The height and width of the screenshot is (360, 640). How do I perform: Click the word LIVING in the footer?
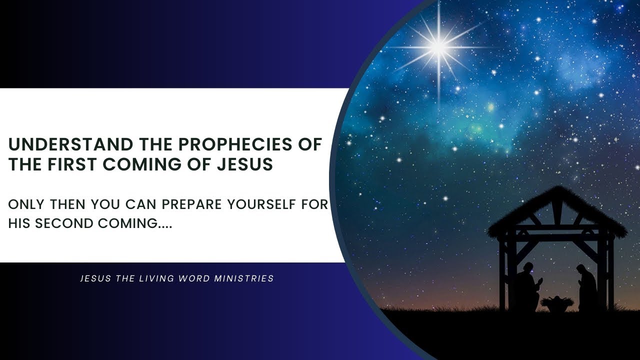tap(149, 278)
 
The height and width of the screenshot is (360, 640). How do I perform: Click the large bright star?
tap(438, 46)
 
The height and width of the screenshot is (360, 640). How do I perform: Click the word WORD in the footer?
tap(189, 278)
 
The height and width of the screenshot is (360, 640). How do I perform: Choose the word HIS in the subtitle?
tap(18, 223)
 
